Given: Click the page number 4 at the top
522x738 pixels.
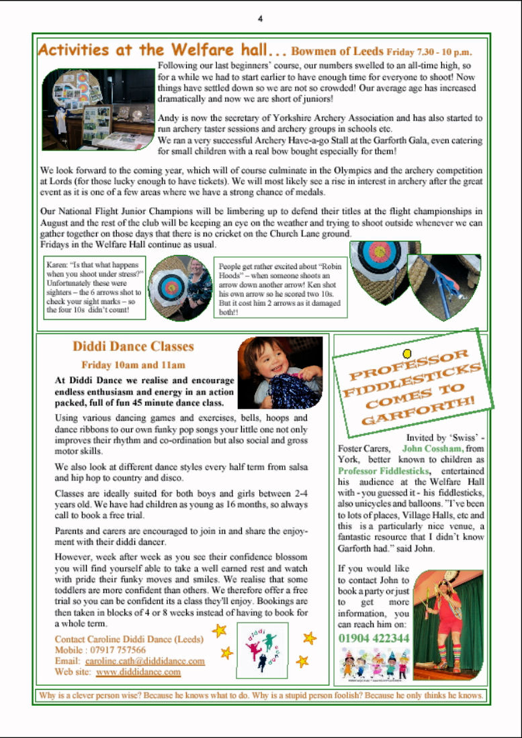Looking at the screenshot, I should [x=260, y=18].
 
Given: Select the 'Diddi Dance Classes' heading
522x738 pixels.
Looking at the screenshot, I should [x=133, y=347].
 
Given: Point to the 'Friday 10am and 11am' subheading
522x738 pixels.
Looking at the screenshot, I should [x=133, y=366].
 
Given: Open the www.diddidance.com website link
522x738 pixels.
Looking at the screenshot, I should [x=138, y=672].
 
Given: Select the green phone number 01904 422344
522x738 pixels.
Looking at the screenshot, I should [x=374, y=638].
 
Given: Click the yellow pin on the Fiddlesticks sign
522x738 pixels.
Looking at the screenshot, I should [x=406, y=354].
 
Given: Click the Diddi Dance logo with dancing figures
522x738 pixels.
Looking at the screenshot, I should [x=262, y=649].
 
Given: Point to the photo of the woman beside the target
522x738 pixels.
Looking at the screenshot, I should [x=179, y=287].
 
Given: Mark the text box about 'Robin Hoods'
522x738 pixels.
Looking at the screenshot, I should [x=280, y=288].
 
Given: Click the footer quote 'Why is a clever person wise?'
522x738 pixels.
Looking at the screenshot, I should [x=261, y=696].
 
